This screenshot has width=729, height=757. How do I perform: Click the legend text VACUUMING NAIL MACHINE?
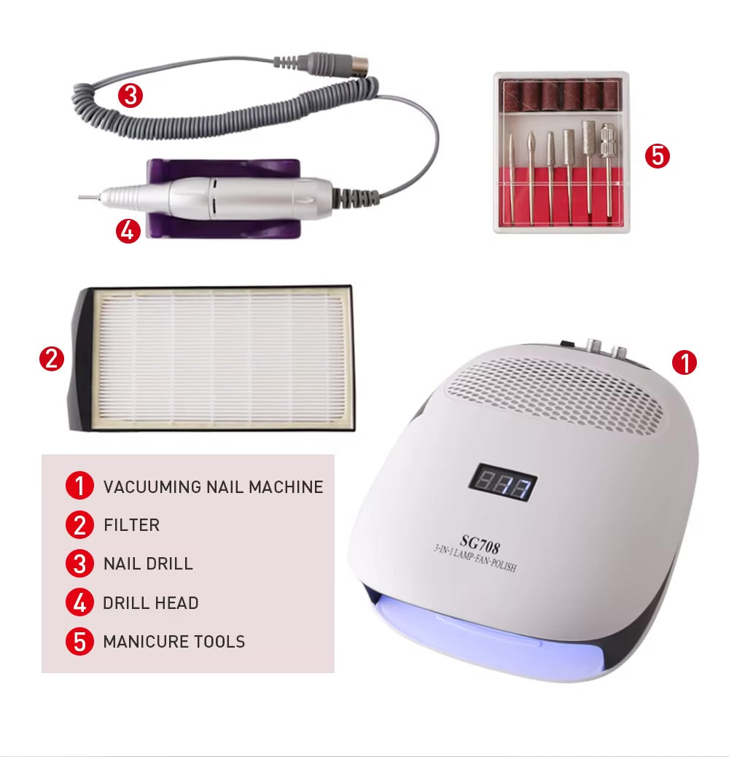coord(213,486)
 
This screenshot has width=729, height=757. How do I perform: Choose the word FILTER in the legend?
coord(131,525)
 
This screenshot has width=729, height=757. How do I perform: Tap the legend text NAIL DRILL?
coord(148,564)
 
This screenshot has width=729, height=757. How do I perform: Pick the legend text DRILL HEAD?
coord(150,603)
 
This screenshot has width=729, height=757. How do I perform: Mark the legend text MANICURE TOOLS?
coord(174,642)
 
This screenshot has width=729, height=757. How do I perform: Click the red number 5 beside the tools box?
coord(658,156)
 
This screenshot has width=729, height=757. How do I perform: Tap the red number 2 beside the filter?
coord(52,359)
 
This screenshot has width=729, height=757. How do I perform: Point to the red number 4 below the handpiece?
coord(128,231)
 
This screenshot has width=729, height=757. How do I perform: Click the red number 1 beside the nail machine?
coord(685,362)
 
